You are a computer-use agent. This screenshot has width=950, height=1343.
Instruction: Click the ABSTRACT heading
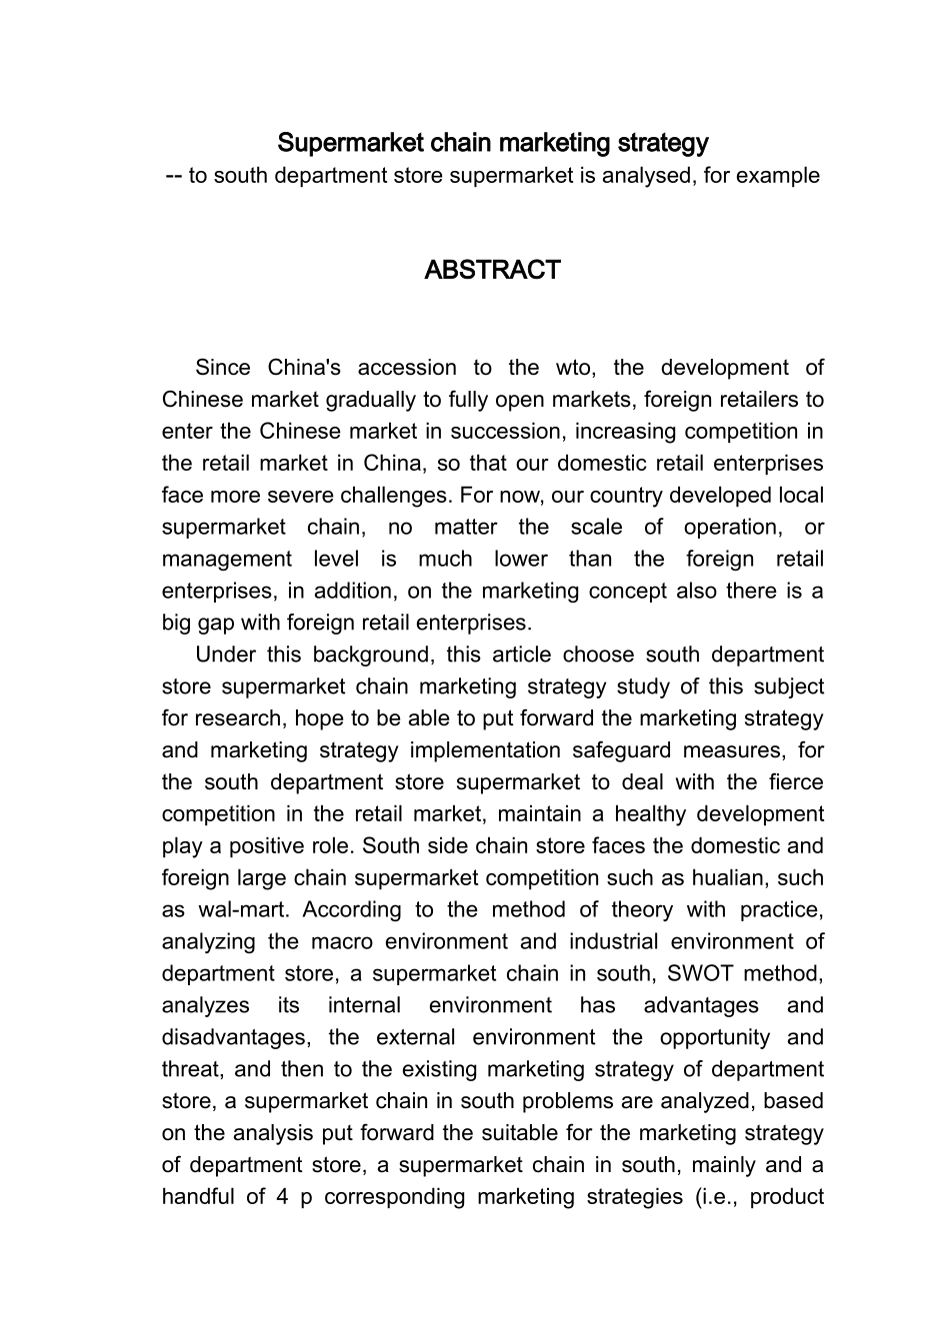[x=492, y=271]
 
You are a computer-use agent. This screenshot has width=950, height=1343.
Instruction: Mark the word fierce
[x=797, y=783]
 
